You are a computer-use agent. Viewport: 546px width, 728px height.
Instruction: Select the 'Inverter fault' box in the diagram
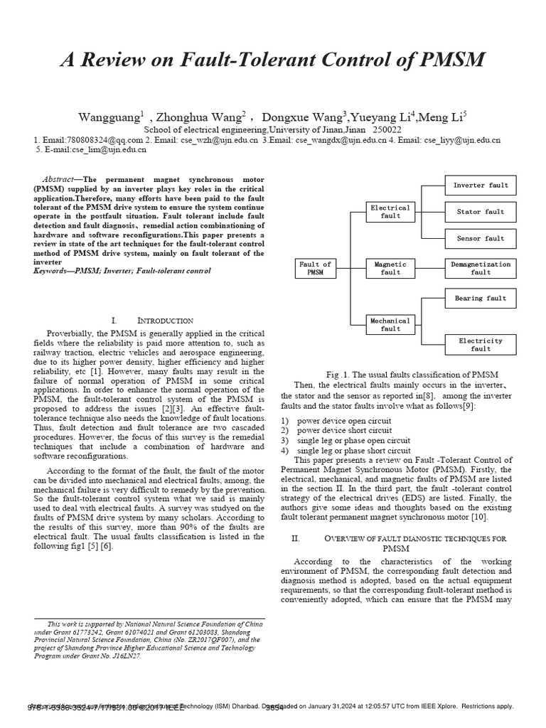pos(481,186)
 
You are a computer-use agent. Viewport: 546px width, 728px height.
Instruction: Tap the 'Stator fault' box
pos(481,212)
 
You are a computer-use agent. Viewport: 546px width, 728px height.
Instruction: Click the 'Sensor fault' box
pos(481,238)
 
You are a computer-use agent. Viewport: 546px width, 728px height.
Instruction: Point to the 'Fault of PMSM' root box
pos(315,268)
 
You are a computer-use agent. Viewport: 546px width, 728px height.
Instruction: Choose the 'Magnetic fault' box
pos(390,268)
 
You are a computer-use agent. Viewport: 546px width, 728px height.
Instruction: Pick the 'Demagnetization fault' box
pos(481,268)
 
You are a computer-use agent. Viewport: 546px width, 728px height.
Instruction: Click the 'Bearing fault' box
pos(481,299)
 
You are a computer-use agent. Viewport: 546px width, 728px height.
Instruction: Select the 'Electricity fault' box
pos(481,345)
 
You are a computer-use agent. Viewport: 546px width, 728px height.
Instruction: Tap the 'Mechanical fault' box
pos(390,325)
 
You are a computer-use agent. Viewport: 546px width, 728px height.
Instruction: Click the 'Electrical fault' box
pos(390,212)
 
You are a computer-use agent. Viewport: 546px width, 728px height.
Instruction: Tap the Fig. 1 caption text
pos(412,374)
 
